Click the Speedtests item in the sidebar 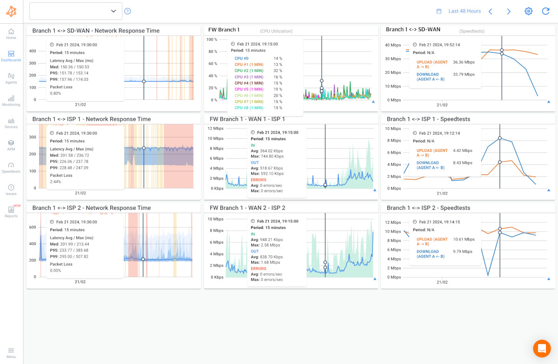click(11, 168)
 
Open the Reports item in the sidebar click(11, 212)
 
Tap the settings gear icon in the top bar click(528, 11)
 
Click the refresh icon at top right click(545, 11)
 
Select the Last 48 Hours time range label click(465, 11)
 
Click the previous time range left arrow click(490, 11)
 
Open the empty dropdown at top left click(75, 11)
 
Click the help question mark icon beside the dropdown click(128, 11)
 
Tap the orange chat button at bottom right click(542, 348)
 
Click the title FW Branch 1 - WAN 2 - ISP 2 click(247, 208)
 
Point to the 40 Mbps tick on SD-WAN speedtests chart click(393, 45)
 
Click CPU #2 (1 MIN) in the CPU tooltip click(249, 71)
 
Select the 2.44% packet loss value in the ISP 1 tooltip click(55, 182)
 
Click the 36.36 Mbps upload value click(464, 62)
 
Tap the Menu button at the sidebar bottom click(11, 352)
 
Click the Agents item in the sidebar click(11, 78)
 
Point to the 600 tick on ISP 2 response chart click(33, 227)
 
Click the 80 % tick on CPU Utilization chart click(213, 52)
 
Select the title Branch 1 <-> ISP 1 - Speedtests click(428, 119)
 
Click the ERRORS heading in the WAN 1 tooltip click(259, 180)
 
